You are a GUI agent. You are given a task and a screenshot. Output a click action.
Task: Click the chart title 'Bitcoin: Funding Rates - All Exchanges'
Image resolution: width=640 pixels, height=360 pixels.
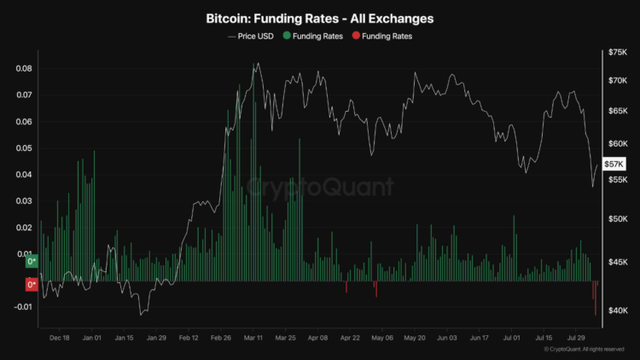pos(320,18)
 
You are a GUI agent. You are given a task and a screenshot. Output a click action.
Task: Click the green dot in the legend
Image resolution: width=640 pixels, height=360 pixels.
pos(287,37)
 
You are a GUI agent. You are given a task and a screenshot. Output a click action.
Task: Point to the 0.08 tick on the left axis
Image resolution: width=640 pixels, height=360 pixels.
pos(24,68)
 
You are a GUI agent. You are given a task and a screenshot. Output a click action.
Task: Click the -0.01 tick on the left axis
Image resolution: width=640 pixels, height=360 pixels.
pos(22,307)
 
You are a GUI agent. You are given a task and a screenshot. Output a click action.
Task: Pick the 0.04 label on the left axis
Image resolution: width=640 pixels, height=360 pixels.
pos(24,175)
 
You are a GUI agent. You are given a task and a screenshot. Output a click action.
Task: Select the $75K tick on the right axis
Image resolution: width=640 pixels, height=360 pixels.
pos(617,53)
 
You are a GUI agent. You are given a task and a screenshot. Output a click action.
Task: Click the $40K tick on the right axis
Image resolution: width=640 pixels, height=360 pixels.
pos(617,311)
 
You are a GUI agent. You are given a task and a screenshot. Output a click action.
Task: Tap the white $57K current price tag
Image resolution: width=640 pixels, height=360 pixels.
pos(614,164)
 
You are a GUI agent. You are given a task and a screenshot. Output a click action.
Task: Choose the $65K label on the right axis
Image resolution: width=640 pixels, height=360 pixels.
pos(617,112)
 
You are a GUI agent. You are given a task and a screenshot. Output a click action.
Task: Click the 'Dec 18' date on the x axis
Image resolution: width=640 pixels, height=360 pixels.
pos(60,338)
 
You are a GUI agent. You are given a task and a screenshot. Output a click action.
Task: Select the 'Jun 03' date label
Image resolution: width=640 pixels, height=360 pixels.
pos(447,338)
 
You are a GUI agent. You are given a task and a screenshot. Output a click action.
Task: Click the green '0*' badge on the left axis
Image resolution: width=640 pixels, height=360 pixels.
pos(32,262)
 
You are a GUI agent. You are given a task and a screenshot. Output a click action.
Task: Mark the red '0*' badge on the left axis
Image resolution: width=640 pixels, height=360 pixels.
pos(32,285)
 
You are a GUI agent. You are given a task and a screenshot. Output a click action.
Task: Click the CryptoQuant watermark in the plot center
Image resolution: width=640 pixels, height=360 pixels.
pos(320,187)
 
